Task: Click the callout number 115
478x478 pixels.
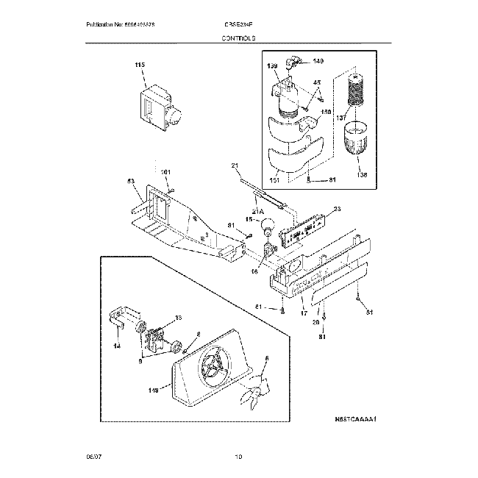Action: pos(140,66)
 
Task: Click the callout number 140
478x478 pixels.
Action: pos(318,60)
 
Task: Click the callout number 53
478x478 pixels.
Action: pos(130,180)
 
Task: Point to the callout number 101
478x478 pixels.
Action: pos(165,172)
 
